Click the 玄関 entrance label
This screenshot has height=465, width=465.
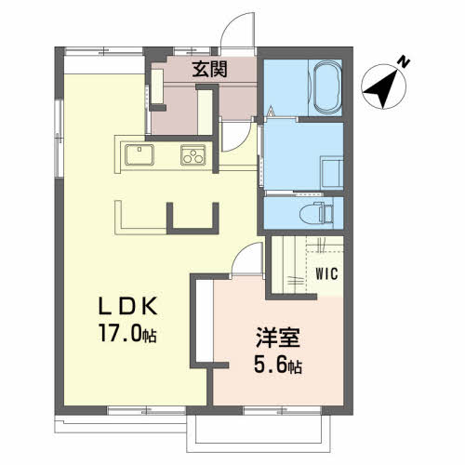coord(209,69)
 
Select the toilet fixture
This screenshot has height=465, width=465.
coord(317,213)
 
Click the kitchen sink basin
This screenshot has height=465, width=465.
coord(139,154)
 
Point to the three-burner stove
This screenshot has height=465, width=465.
coord(193,154)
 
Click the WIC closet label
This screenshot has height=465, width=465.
coord(326,273)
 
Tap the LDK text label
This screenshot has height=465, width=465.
coord(127,306)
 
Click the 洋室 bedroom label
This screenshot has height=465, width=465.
coord(278,338)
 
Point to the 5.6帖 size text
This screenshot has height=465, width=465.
coord(278,365)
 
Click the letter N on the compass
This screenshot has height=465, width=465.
coord(404,62)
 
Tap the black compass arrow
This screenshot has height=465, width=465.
coord(381,89)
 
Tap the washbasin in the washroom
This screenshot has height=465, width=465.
coord(332,173)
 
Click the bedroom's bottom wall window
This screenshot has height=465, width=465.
coord(283,410)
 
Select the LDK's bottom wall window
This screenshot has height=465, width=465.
coord(146,410)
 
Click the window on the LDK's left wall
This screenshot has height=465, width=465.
coord(59,139)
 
